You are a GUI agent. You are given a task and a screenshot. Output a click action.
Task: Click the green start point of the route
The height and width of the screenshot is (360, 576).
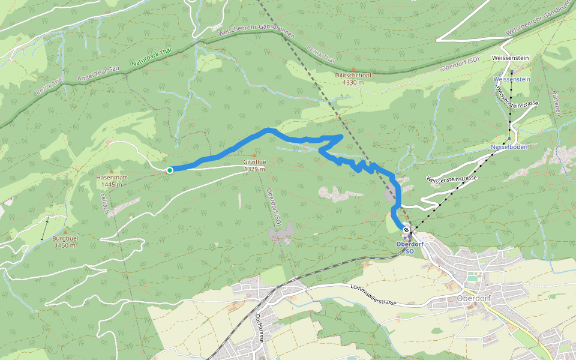pos(170,170)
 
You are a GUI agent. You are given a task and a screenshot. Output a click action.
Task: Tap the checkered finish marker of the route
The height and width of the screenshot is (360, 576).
pos(406,230)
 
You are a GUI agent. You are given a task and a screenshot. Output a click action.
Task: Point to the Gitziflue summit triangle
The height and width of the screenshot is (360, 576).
pos(254,155)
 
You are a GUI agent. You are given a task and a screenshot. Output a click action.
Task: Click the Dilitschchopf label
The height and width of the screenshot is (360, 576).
pos(353,76)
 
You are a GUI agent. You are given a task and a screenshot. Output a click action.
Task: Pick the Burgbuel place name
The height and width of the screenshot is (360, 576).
pos(65,239)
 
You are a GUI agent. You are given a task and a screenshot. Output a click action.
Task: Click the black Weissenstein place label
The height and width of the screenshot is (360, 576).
pos(509,58)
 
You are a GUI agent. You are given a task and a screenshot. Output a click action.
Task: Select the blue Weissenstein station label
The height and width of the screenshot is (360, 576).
pos(511,79)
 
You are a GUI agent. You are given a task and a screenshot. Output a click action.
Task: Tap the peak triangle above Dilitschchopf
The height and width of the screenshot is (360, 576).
pos(353,69)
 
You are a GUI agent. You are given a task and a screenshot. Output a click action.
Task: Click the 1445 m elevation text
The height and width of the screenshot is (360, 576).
pos(112,185)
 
